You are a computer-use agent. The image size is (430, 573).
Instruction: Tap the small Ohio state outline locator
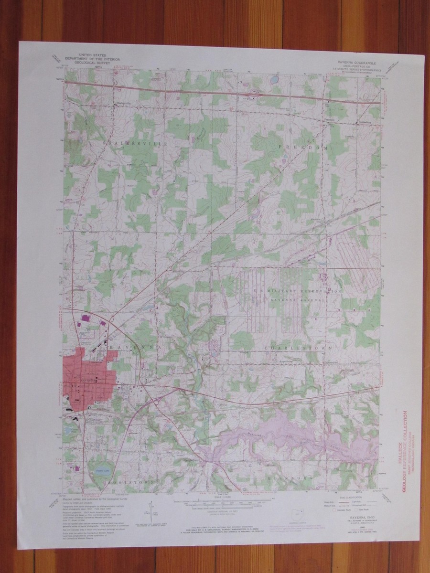tap(298, 516)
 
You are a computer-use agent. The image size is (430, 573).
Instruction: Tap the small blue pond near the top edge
tap(275, 79)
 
